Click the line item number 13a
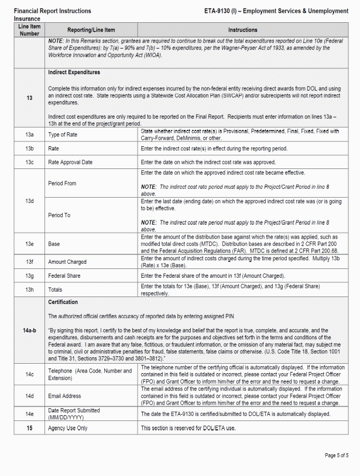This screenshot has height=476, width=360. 29,134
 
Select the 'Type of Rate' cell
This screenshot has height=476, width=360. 62,134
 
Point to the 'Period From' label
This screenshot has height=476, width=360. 62,183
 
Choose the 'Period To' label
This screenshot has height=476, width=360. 59,215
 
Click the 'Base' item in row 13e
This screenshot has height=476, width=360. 54,243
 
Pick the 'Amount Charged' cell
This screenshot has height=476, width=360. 67,262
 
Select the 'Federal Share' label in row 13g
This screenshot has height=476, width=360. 64,275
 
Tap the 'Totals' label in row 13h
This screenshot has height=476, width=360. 56,289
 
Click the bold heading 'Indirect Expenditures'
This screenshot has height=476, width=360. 74,73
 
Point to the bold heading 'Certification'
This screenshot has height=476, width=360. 63,302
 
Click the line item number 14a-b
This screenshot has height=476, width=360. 29,330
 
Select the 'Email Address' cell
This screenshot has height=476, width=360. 64,396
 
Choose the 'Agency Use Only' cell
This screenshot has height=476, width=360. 68,429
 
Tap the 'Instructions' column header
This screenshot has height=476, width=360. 242,30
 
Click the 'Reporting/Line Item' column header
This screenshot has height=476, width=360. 91,30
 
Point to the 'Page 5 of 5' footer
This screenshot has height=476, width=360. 337,455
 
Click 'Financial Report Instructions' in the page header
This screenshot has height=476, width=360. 52,11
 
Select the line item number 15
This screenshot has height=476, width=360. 29,429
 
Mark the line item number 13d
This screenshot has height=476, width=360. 29,201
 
